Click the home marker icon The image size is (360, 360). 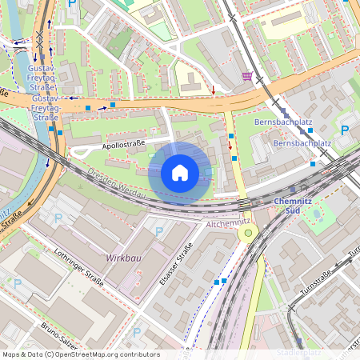point(180,173)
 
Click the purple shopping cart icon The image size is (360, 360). point(246,77)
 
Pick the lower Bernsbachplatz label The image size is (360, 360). point(301,144)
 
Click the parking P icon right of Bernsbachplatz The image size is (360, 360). point(346,130)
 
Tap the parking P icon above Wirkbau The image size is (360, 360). point(158,231)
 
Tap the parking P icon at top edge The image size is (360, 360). point(73,5)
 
